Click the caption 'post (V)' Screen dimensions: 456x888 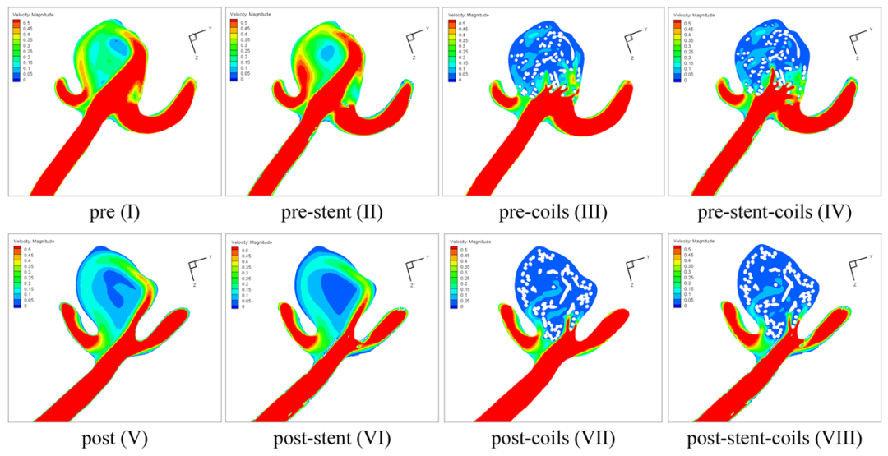(114, 438)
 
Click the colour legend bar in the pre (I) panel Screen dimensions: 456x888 (16, 50)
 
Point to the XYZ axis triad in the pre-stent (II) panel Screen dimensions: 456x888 (414, 42)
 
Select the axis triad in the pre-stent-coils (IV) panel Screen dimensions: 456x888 (856, 42)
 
